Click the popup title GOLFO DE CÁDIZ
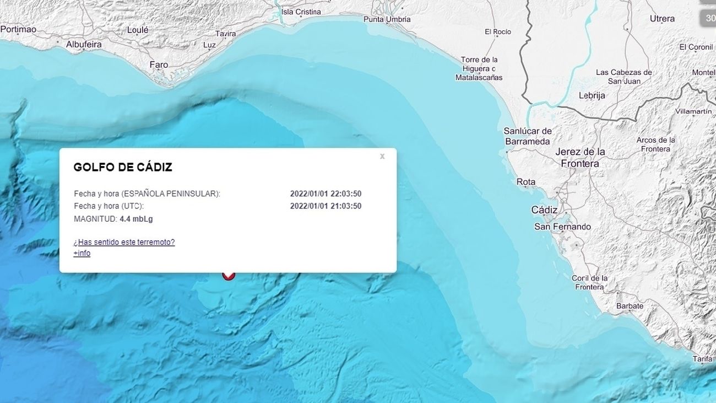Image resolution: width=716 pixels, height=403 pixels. [x=123, y=168]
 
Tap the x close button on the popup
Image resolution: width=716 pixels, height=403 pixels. [x=382, y=157]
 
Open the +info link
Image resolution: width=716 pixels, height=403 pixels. [x=82, y=253]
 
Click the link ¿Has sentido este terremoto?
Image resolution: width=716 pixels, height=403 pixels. [x=124, y=242]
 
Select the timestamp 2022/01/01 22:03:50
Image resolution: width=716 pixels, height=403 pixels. [x=326, y=194]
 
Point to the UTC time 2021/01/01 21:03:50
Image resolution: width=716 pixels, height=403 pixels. [x=326, y=206]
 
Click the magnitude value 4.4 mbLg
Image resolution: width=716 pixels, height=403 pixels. [x=136, y=219]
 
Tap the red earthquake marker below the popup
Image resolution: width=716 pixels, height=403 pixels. [x=229, y=274]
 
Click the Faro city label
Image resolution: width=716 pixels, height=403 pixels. [x=159, y=65]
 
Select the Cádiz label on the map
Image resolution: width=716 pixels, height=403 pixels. [x=544, y=210]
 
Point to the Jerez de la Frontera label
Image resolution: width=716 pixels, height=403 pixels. [x=580, y=158]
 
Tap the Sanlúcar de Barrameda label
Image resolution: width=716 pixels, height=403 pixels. [x=528, y=136]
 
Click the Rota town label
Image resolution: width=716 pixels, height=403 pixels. [x=526, y=182]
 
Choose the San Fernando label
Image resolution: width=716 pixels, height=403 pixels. [x=562, y=227]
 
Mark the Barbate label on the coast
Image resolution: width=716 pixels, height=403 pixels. [x=630, y=306]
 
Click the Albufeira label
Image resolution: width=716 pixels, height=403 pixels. [x=84, y=44]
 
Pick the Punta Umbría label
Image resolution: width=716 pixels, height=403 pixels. [x=387, y=19]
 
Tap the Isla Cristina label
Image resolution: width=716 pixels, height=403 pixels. [x=301, y=12]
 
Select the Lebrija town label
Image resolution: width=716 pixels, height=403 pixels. [x=592, y=95]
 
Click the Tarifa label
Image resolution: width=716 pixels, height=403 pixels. [x=702, y=359]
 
